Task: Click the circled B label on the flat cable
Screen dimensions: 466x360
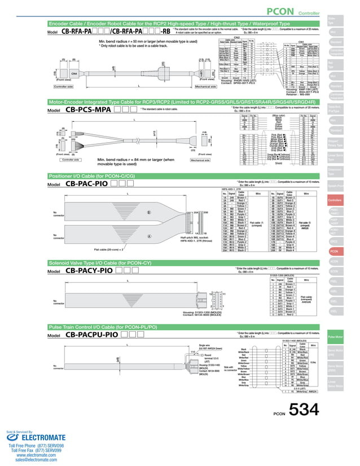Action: pos(149,213)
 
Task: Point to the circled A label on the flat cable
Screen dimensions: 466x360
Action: pos(149,237)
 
